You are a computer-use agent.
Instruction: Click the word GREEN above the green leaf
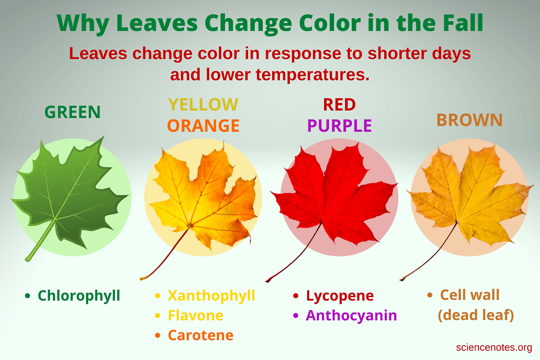click(72, 112)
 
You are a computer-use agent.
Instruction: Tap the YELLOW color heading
click(203, 104)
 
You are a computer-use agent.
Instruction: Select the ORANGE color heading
click(203, 126)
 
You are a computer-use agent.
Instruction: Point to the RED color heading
click(339, 105)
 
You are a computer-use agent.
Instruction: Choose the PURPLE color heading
click(340, 126)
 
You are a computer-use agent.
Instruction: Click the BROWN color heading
click(470, 120)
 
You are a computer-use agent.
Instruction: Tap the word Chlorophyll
click(79, 296)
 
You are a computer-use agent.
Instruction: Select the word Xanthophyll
click(211, 296)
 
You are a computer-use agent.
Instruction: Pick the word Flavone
click(196, 315)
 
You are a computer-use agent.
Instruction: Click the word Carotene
click(200, 335)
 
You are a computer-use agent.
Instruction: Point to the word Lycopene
click(340, 296)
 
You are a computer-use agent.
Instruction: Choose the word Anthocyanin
click(351, 316)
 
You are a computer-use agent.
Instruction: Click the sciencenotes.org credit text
click(494, 348)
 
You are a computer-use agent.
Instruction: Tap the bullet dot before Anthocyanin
click(296, 315)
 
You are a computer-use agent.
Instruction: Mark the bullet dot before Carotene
click(158, 335)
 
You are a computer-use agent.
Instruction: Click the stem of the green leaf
click(40, 241)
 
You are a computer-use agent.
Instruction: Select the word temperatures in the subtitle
click(313, 75)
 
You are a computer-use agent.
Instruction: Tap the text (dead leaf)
click(476, 315)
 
